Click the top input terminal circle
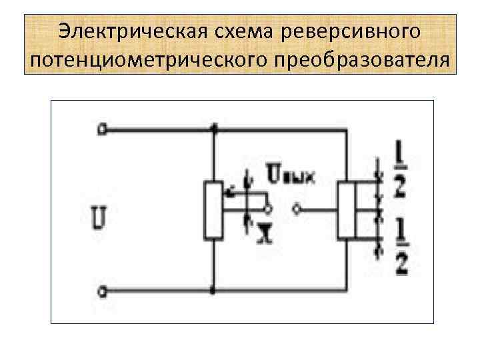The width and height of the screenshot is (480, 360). coord(101,131)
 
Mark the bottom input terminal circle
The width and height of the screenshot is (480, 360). coord(101,291)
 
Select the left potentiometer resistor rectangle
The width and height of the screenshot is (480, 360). coord(213,210)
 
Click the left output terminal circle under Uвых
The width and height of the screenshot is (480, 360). coord(268,210)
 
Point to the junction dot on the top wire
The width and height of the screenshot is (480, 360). coord(213,131)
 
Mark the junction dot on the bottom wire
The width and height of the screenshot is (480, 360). coord(213,291)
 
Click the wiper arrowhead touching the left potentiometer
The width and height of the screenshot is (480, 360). coord(225,194)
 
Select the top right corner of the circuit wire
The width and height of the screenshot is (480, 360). coord(347,131)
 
